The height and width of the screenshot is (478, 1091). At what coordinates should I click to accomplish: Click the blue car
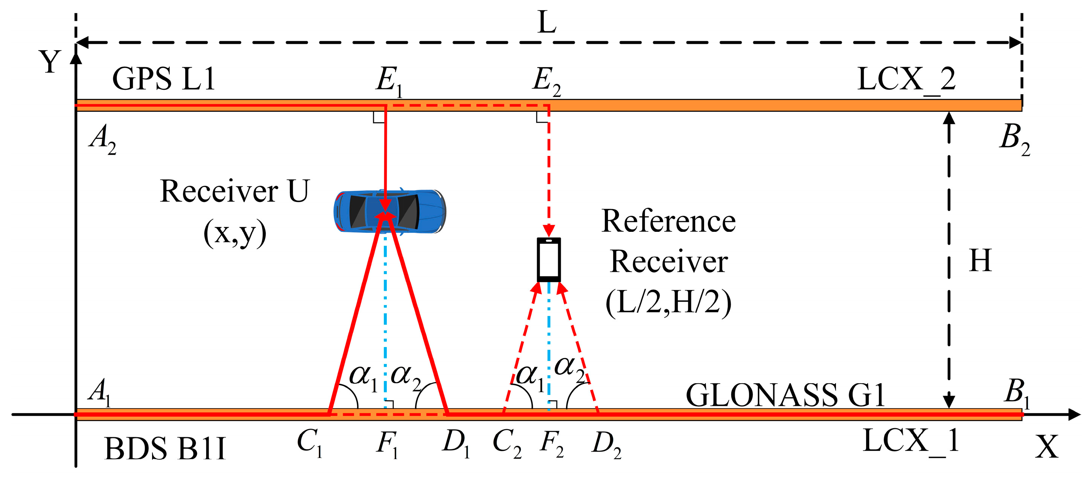click(x=389, y=211)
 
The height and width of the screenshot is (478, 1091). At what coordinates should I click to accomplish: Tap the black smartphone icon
click(x=548, y=260)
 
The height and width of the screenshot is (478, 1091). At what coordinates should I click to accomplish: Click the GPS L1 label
click(x=163, y=79)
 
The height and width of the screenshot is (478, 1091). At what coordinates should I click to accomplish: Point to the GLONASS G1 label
click(x=785, y=395)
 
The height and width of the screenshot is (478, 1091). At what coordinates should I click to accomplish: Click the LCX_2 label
click(x=906, y=79)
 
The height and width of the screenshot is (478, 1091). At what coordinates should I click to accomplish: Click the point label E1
click(x=388, y=80)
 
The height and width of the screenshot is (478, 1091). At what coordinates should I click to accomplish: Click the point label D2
click(x=606, y=444)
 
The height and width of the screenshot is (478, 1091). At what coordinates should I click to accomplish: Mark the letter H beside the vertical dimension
click(x=980, y=261)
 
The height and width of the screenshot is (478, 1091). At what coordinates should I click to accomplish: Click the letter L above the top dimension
click(x=547, y=22)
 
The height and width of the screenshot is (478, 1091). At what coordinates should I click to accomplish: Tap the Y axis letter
click(x=50, y=62)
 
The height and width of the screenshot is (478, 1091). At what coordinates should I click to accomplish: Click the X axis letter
click(x=1046, y=447)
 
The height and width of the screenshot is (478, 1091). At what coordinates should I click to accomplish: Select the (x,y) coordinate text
click(x=235, y=233)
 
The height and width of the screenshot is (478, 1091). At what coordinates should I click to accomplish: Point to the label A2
click(x=102, y=139)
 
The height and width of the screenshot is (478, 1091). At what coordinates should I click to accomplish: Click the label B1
click(x=1016, y=392)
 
